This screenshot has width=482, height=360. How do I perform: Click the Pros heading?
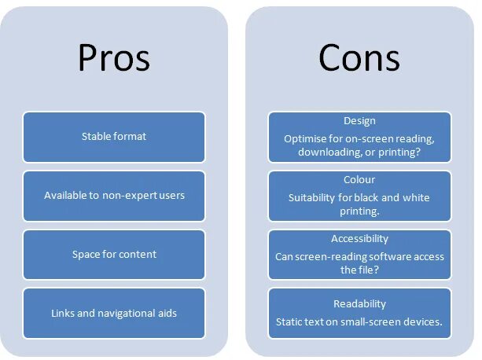tap(114, 58)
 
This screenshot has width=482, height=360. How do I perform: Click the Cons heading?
tap(359, 58)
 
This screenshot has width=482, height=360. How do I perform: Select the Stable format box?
tap(114, 137)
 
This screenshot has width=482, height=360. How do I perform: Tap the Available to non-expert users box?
tap(114, 195)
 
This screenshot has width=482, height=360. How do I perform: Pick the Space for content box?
tap(114, 254)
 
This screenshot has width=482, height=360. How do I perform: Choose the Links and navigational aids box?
tap(114, 313)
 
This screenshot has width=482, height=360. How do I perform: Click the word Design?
tap(359, 121)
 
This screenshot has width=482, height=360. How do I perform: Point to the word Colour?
tap(359, 180)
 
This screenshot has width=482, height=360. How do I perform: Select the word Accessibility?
tap(359, 238)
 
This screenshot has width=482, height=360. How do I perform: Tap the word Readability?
tap(359, 303)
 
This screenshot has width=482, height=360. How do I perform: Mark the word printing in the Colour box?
tap(359, 211)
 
